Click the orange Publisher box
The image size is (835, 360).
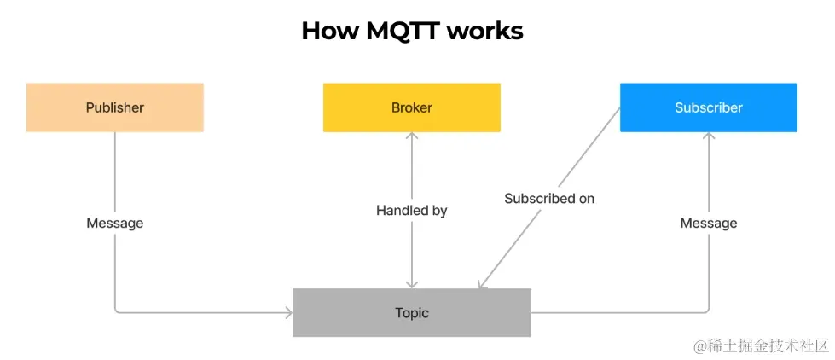(114, 107)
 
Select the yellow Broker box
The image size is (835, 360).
(411, 107)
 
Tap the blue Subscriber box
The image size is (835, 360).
(708, 107)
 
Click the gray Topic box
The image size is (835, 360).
(411, 312)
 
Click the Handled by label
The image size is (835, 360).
(411, 210)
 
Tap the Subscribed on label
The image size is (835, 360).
(548, 198)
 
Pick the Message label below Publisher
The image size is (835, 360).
(114, 223)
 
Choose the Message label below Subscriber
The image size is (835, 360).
(708, 223)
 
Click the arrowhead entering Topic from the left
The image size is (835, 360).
(288, 312)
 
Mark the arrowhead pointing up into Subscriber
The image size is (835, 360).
(708, 136)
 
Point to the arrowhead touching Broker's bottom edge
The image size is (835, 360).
(411, 136)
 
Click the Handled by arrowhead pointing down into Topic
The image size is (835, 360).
(411, 284)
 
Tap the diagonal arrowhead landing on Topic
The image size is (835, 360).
(482, 285)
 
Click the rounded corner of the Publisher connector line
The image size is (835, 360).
(117, 310)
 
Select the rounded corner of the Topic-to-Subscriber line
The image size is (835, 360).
(705, 310)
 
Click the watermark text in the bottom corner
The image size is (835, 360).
(761, 345)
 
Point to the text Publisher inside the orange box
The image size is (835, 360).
(114, 107)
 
